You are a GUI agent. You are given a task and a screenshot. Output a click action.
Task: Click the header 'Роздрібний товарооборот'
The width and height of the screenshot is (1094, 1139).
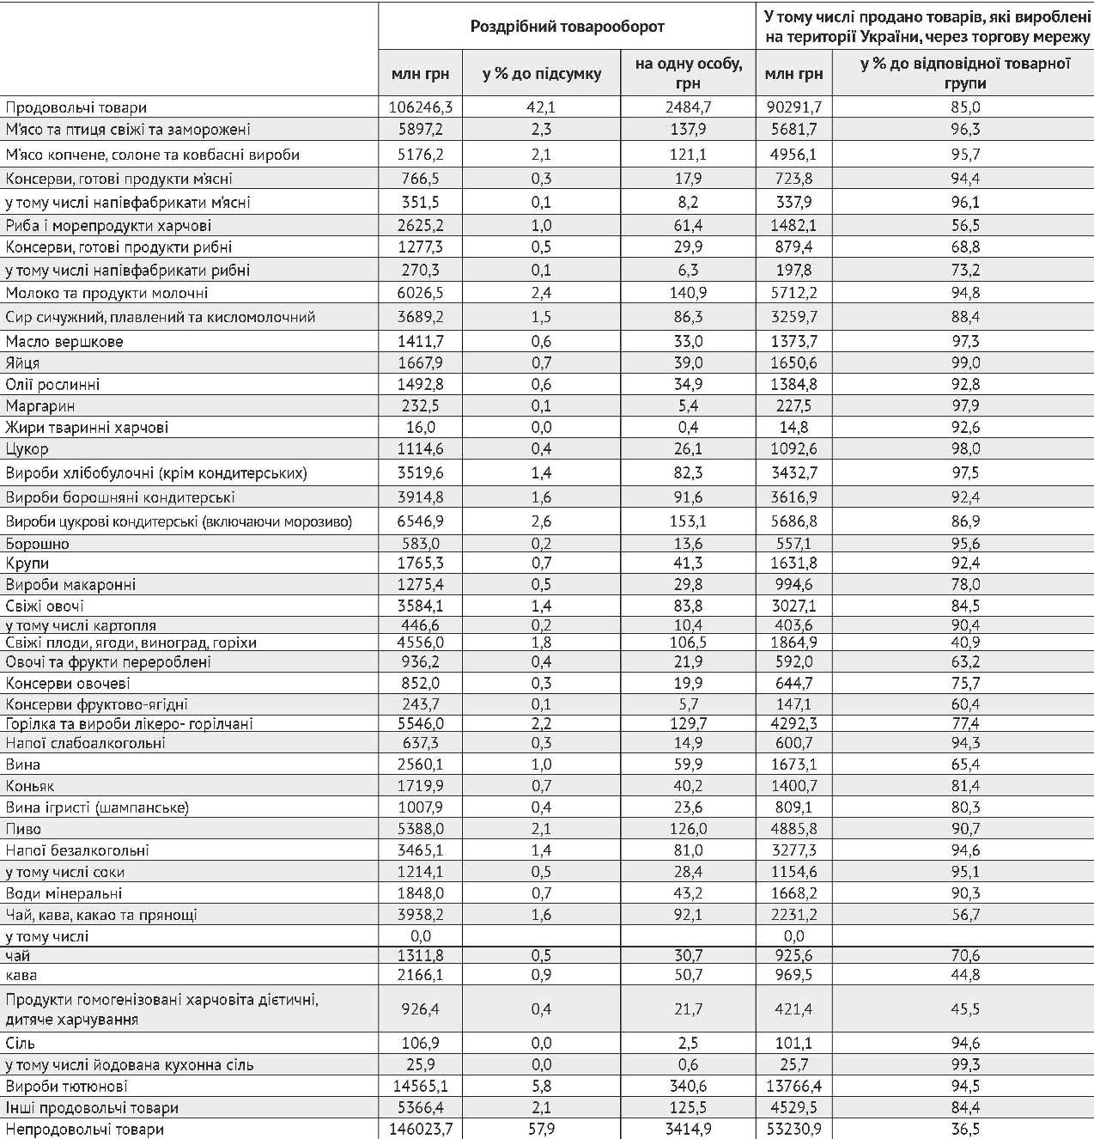567,27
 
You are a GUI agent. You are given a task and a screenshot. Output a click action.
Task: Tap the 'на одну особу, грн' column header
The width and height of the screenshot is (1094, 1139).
688,73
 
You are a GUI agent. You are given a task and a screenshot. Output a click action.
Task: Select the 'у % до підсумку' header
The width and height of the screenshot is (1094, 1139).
541,74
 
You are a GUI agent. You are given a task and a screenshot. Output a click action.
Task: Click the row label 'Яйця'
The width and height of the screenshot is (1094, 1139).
23,362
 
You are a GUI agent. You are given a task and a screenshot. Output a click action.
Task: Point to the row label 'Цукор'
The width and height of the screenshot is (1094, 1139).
27,448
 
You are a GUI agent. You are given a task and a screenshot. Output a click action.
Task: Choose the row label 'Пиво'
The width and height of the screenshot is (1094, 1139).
23,829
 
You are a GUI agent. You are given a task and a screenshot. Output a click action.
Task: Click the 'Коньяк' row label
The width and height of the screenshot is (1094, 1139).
30,786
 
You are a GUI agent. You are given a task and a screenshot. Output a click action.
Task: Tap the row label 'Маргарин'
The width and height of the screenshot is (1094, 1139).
40,405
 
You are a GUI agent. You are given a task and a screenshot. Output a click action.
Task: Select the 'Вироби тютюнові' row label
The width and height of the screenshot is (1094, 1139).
67,1086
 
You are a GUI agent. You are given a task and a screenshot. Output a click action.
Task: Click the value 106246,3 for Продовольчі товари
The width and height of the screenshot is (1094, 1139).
420,107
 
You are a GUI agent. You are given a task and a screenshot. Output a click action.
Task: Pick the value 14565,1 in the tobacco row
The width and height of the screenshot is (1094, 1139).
420,1086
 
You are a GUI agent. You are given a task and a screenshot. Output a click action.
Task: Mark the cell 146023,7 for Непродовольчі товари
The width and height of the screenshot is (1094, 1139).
420,1129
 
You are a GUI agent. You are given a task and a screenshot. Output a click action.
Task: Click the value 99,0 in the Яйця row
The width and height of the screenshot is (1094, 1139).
965,362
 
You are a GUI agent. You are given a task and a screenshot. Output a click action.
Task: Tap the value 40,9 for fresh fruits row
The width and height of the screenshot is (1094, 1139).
965,643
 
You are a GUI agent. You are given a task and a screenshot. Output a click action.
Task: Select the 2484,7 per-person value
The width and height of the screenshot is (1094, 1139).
688,107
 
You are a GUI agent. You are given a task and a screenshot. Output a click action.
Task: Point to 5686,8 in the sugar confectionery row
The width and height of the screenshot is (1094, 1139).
793,521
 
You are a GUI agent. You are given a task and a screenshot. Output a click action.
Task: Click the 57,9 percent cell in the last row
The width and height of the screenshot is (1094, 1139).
541,1129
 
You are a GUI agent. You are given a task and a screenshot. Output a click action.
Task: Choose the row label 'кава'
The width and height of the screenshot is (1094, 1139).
21,975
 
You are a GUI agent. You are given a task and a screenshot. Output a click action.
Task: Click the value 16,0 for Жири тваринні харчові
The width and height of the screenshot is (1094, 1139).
420,427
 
